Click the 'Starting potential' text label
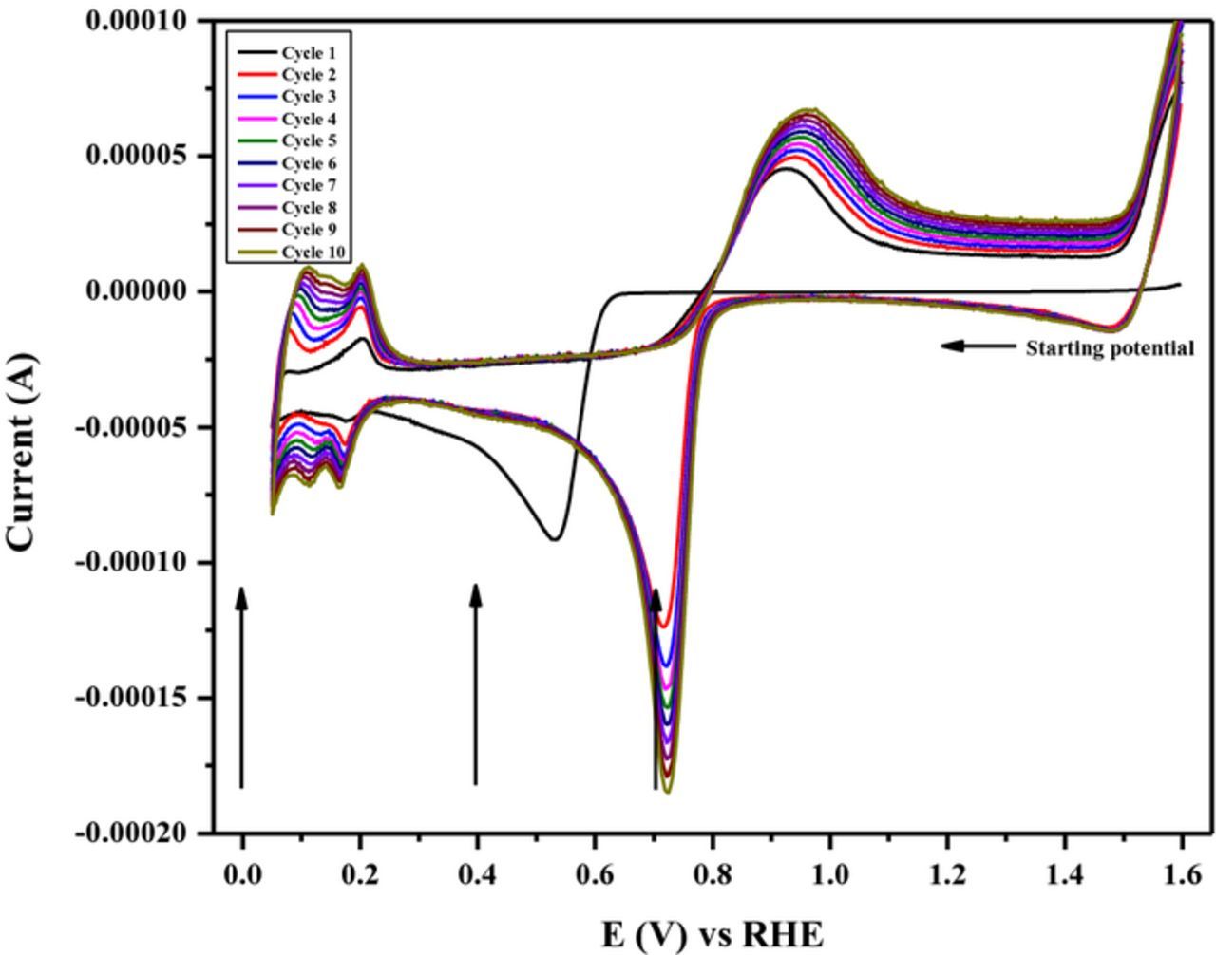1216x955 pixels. [x=1109, y=348]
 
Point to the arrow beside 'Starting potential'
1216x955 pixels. [x=978, y=346]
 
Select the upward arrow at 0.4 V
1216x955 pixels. [x=476, y=684]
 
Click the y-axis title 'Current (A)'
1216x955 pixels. [x=21, y=451]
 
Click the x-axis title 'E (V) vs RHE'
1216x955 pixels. [x=712, y=934]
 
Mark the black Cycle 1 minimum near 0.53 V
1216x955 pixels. [x=553, y=539]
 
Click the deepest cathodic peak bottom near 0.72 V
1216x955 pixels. [x=668, y=792]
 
